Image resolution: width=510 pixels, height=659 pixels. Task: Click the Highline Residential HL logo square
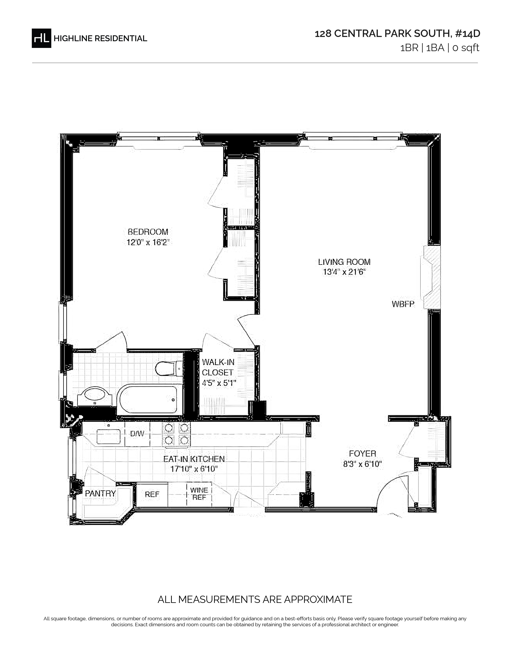41,38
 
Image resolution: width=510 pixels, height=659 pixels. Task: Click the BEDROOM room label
148,232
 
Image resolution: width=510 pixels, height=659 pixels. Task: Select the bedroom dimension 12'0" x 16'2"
148,242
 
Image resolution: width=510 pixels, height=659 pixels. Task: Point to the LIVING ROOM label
344,262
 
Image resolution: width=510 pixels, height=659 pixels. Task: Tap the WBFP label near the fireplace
403,304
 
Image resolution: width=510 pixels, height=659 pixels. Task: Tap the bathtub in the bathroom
148,400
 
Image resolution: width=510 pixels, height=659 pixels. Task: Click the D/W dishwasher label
137,434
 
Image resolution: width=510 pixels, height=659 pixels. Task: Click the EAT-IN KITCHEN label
194,459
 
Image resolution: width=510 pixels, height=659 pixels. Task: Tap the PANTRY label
100,493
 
